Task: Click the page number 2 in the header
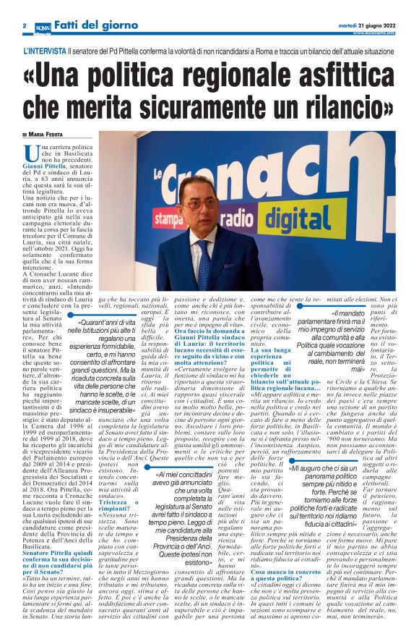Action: point(25,26)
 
